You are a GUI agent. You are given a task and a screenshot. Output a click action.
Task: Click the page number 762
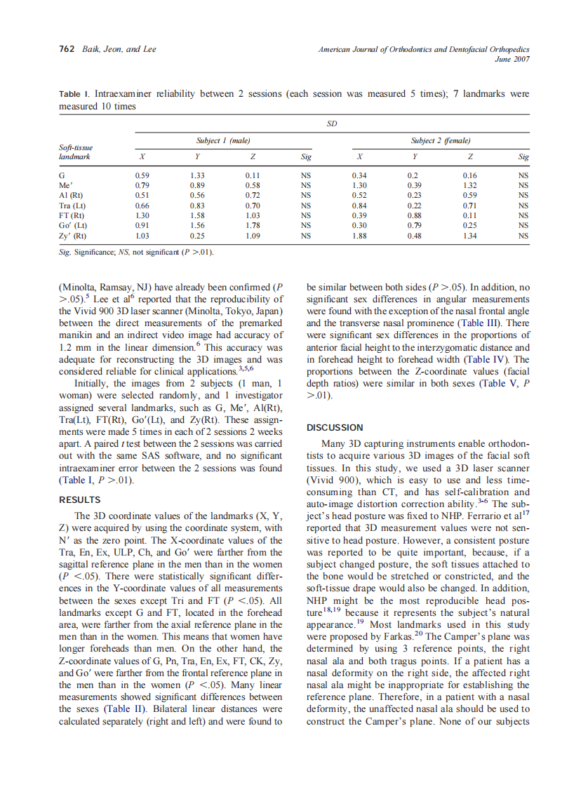click(x=66, y=49)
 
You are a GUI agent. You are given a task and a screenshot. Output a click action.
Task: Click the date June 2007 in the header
click(x=512, y=59)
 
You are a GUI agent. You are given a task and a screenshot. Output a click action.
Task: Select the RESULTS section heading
click(x=79, y=500)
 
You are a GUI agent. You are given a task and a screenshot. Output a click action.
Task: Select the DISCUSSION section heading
click(x=335, y=427)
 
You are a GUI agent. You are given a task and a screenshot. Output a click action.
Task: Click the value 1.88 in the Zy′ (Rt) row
click(x=360, y=236)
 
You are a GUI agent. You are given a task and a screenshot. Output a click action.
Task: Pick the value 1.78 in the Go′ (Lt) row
click(x=253, y=226)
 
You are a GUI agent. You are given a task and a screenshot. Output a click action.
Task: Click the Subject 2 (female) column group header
click(x=441, y=141)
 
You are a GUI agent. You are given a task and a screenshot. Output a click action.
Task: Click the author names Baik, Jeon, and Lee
click(x=116, y=49)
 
